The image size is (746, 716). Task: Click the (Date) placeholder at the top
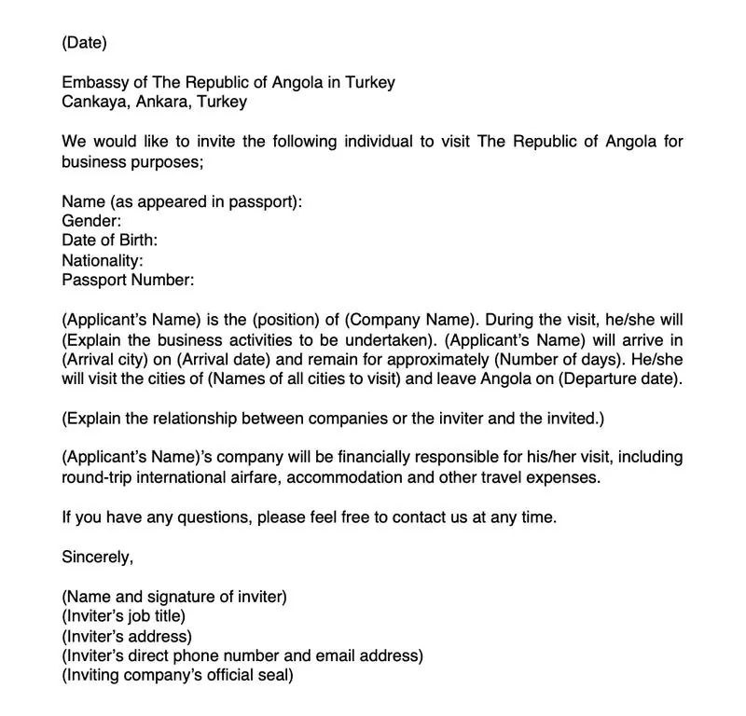pos(85,42)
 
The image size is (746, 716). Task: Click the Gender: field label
pos(91,221)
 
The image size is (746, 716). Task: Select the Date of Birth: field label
pos(109,241)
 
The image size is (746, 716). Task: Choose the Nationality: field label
pos(102,260)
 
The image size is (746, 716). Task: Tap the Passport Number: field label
pos(128,280)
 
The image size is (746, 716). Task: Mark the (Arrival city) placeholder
pos(112,360)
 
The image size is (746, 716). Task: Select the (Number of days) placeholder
pos(552,360)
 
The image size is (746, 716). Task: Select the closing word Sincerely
pos(98,558)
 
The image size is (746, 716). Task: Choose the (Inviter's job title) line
pos(124,616)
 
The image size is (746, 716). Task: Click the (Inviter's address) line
pos(127,637)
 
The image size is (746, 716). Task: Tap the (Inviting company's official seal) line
pos(177,676)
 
